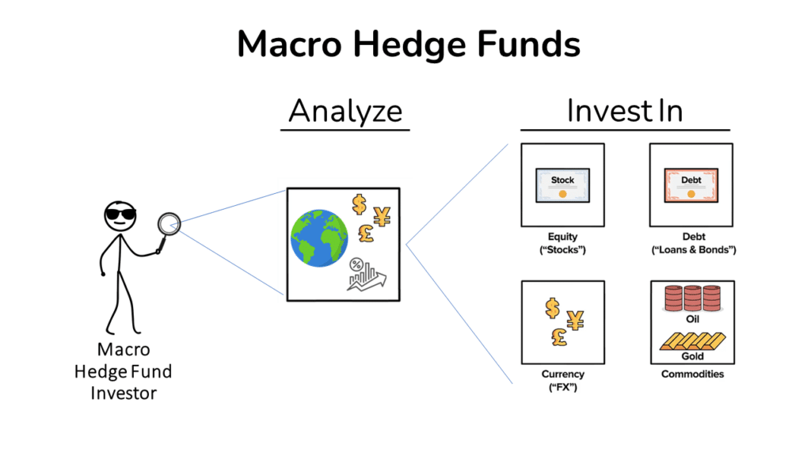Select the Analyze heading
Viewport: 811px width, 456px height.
click(x=345, y=111)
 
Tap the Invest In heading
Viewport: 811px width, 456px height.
click(x=624, y=111)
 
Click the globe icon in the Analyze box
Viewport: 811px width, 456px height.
click(x=320, y=237)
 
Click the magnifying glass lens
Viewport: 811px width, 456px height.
click(x=169, y=223)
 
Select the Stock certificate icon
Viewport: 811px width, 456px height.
click(x=562, y=185)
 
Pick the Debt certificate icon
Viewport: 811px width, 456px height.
click(x=691, y=185)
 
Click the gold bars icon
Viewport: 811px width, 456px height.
click(x=691, y=341)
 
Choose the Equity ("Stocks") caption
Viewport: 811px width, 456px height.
click(x=562, y=243)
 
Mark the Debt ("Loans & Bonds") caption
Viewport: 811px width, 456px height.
click(x=691, y=243)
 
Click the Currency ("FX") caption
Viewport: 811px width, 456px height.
click(x=562, y=381)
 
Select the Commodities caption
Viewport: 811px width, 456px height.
click(x=691, y=374)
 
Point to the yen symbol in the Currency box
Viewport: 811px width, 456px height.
click(x=575, y=319)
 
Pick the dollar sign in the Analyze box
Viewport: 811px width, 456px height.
click(x=360, y=204)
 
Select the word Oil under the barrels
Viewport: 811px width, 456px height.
click(x=691, y=319)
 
